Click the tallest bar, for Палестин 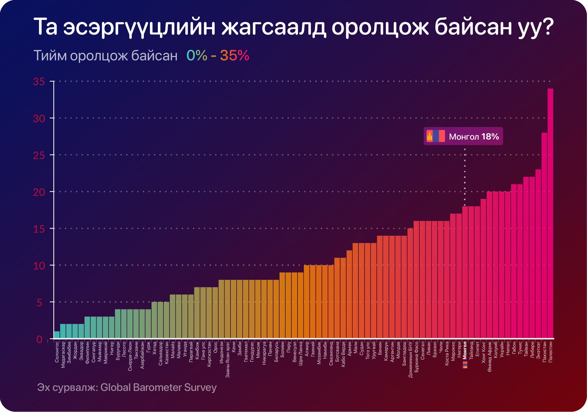point(550,213)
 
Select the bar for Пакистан point(544,235)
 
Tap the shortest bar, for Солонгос point(57,335)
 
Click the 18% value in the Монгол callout point(490,137)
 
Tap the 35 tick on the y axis point(39,81)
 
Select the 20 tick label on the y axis point(39,192)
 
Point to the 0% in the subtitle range point(197,56)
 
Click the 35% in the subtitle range point(235,56)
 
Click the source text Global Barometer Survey point(158,387)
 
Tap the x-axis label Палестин point(550,351)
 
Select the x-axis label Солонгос point(57,352)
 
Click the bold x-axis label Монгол point(465,350)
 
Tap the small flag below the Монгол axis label point(465,365)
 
